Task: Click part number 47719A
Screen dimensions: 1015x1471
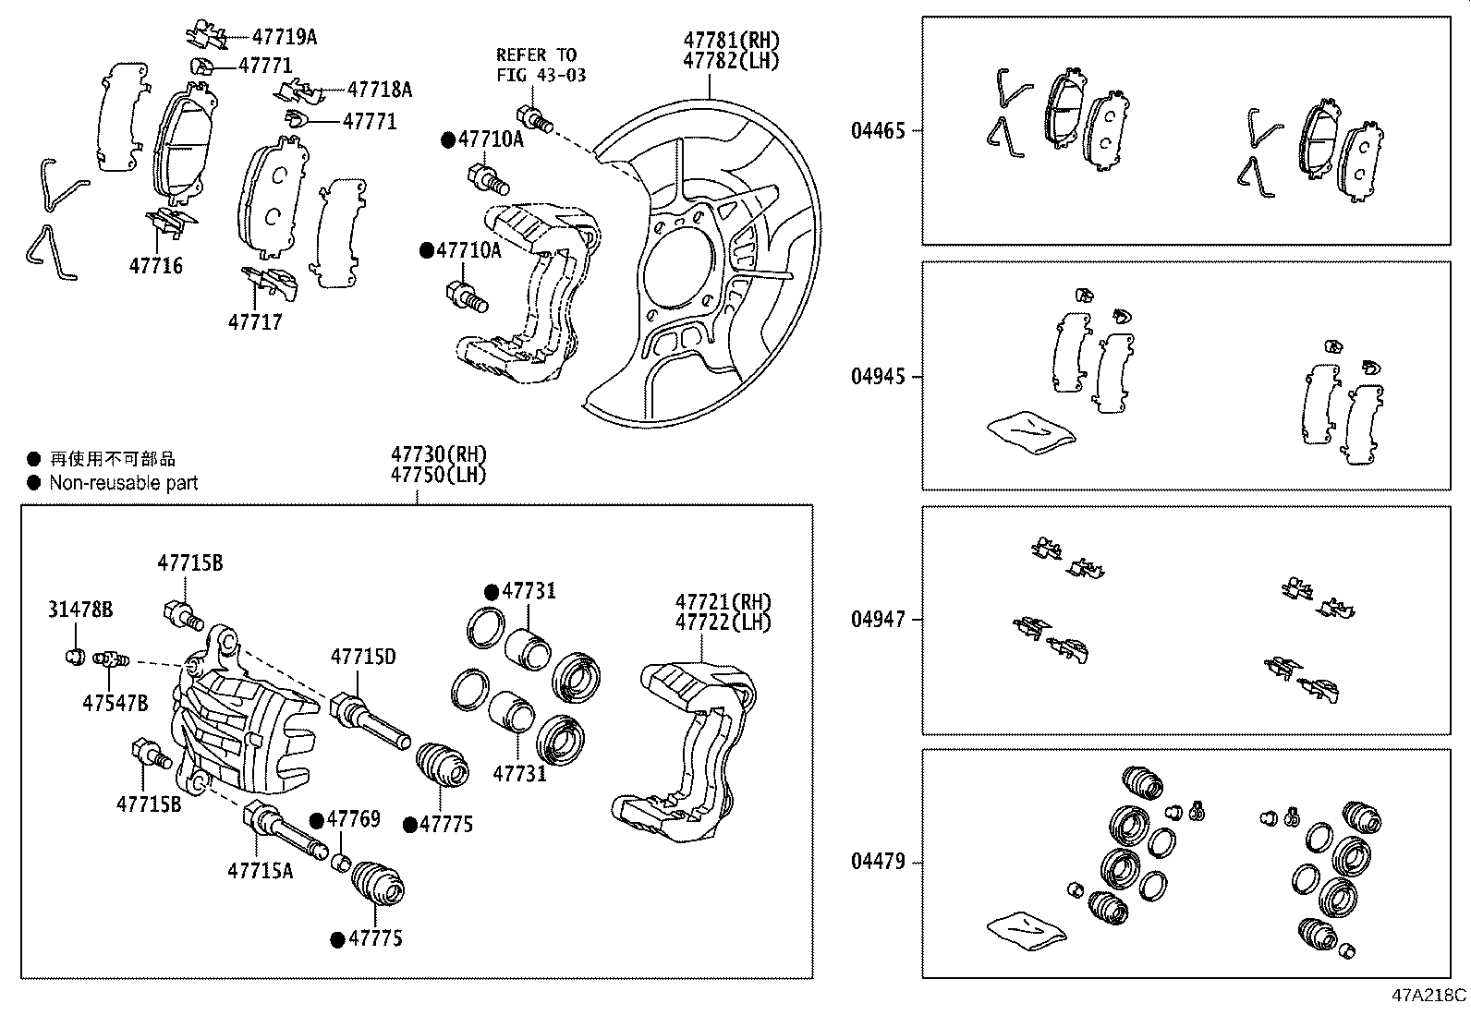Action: point(284,37)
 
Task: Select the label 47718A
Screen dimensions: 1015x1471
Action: point(379,90)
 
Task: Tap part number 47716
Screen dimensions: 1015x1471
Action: point(155,266)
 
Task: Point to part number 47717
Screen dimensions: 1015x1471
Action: point(255,322)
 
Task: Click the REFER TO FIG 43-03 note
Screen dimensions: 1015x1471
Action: point(541,65)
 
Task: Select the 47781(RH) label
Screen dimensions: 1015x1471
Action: point(731,41)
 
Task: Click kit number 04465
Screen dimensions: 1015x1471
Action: point(878,131)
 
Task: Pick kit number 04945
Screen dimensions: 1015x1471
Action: point(878,377)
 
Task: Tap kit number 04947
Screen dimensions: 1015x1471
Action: point(878,620)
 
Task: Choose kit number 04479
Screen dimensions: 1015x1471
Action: point(878,863)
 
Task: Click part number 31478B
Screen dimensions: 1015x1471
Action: point(80,610)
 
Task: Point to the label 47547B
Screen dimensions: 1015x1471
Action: point(115,703)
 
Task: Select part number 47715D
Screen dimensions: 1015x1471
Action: point(363,657)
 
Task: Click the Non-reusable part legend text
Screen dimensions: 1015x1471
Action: point(123,482)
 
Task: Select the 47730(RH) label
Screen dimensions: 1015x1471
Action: point(438,455)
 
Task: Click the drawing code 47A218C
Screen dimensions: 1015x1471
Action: point(1429,996)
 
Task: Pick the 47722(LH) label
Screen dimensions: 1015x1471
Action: point(723,622)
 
